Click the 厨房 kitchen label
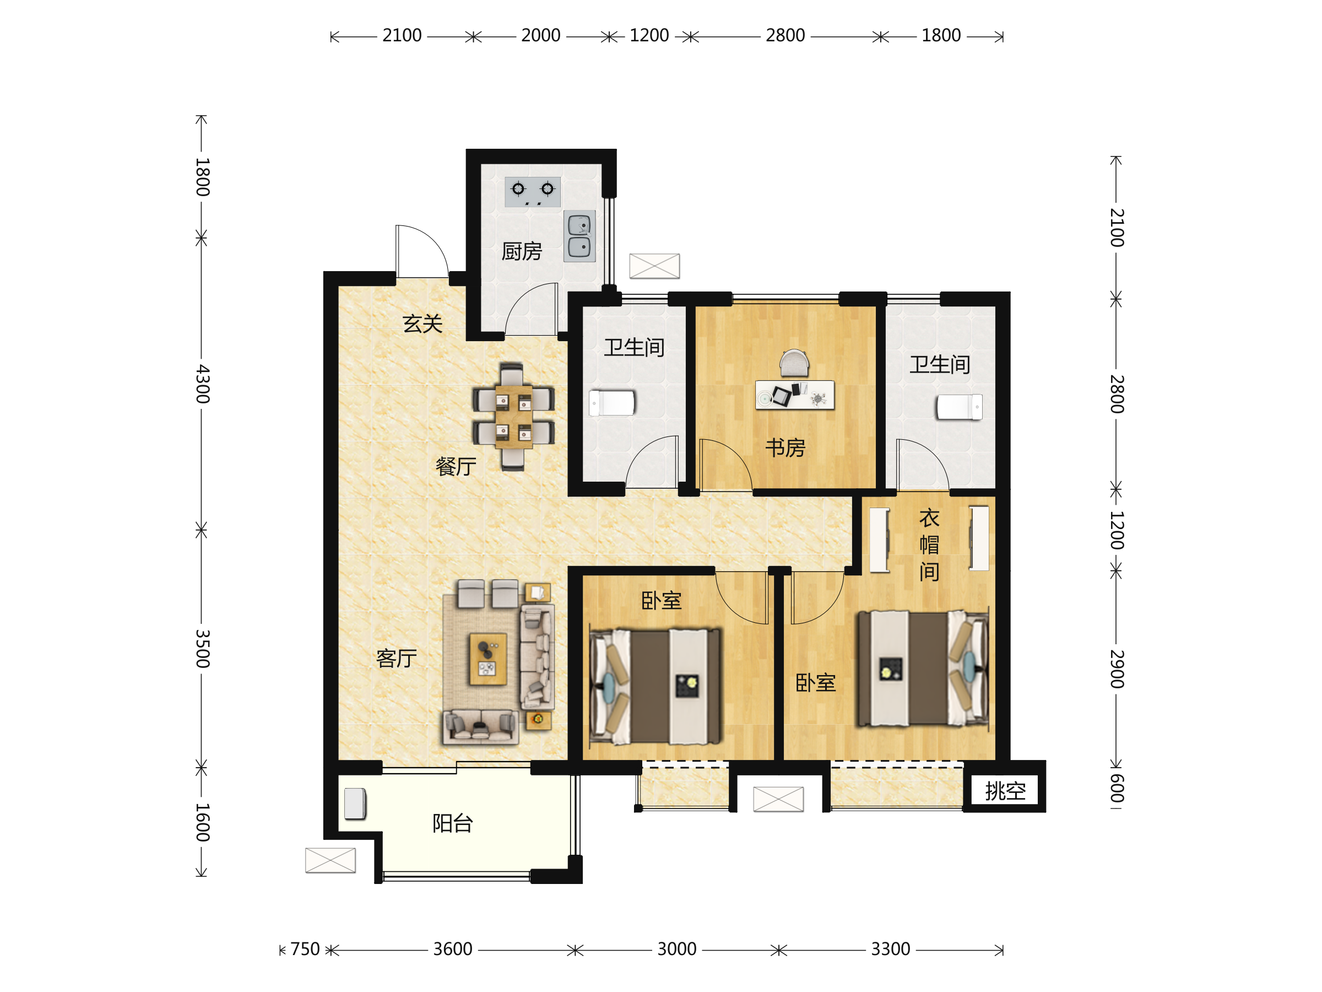pos(522,252)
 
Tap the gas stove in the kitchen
pos(533,191)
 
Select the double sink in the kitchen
pos(579,236)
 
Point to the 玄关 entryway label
pos(422,324)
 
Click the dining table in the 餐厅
pos(513,417)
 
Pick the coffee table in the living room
pos(488,659)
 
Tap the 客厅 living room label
pos(396,659)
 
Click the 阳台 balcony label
pos(453,823)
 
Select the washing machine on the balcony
pos(355,804)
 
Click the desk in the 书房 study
pos(795,395)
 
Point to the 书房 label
pos(785,448)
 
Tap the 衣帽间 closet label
pos(929,544)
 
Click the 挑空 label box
pos(1005,791)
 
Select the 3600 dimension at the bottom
pos(452,949)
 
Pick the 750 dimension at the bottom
pos(305,949)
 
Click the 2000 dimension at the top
pos(541,36)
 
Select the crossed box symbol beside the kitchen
pos(654,266)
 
